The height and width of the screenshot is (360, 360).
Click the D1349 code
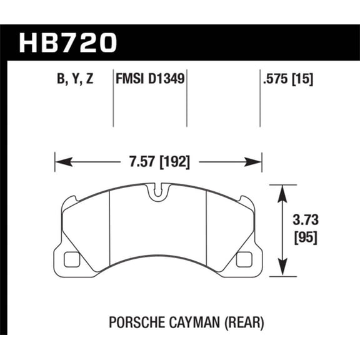168,80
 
